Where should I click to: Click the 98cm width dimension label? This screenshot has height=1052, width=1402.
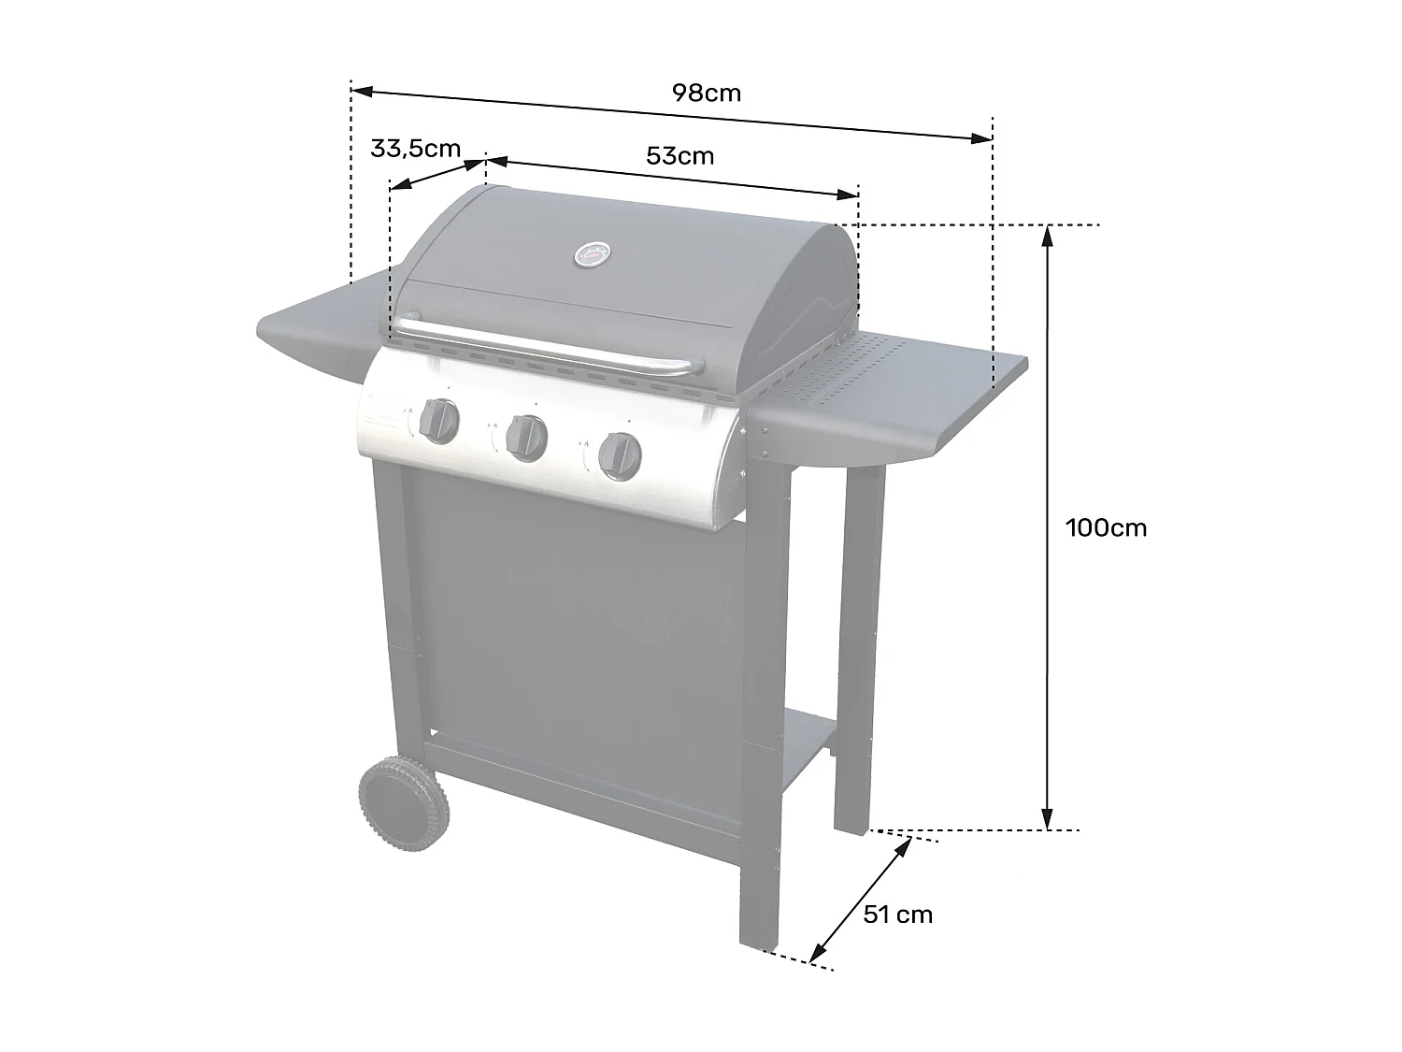click(x=706, y=94)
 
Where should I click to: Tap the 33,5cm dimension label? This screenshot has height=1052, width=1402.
click(x=415, y=148)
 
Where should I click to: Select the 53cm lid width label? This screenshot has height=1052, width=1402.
click(x=680, y=155)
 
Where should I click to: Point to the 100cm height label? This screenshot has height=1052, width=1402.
click(x=1106, y=527)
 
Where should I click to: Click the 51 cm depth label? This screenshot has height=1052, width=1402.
click(x=897, y=914)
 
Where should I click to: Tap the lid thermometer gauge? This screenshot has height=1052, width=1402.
click(x=592, y=252)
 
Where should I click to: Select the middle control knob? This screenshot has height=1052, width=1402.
click(x=525, y=435)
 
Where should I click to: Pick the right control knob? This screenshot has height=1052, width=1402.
click(x=620, y=454)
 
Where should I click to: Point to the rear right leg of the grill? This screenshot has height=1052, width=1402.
click(x=857, y=655)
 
